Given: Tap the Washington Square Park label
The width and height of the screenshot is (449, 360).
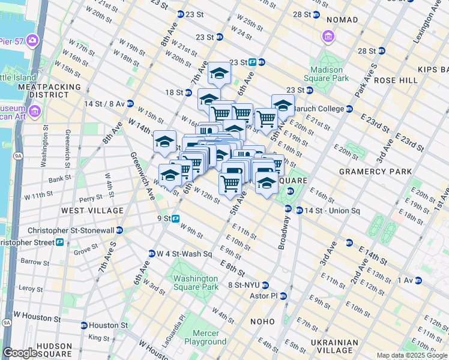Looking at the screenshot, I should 196,283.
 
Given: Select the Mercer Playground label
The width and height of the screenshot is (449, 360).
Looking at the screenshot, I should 205,337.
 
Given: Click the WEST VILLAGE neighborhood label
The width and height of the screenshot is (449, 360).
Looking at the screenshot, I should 92,211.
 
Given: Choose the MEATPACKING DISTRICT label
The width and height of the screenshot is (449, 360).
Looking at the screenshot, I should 49,91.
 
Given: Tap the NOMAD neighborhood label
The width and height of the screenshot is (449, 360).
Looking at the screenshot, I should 342,20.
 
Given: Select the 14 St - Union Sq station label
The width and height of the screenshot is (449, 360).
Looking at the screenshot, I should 331,211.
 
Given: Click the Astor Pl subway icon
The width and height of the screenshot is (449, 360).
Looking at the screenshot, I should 283,296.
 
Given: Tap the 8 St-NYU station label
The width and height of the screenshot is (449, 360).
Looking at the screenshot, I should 243,286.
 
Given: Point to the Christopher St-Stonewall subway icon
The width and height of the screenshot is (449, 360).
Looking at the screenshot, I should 120,230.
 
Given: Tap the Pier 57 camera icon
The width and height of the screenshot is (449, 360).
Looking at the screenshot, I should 32,40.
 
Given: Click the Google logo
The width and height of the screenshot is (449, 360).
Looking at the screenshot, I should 20,353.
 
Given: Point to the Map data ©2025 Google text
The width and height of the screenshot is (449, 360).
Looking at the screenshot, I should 411,355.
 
